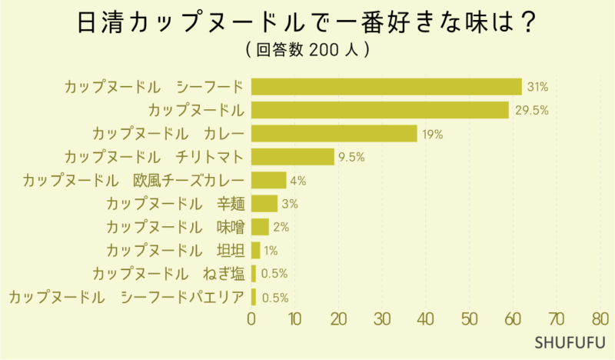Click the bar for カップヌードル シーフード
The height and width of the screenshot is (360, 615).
coord(386,86)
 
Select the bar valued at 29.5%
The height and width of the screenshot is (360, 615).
coord(380,110)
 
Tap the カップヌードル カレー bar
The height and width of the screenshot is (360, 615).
coord(334,133)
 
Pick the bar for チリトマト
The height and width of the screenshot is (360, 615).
coord(292,157)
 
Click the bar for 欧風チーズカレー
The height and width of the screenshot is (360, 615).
coord(268,180)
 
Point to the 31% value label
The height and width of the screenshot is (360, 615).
coord(537,86)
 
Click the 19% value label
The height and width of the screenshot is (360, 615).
coord(432,134)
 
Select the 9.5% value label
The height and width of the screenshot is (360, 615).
coord(351,157)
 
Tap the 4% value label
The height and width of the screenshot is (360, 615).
coord(298,181)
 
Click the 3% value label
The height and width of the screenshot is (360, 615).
coord(290,204)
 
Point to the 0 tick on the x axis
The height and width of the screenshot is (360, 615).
coord(251,318)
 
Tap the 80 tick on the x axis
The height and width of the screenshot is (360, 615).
coord(600,318)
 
